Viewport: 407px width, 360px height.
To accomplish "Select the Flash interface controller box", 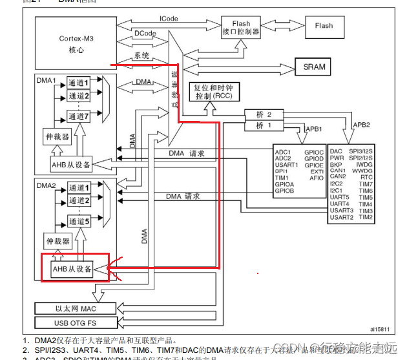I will (240, 26).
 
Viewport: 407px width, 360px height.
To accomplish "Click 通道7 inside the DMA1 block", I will (78, 116).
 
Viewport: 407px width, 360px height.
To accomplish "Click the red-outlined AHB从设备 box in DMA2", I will (72, 269).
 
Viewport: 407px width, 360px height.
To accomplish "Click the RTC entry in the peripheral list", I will (366, 176).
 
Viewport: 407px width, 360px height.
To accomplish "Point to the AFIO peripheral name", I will (317, 178).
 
